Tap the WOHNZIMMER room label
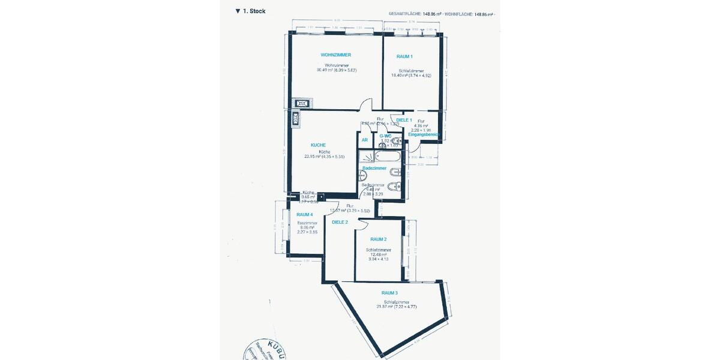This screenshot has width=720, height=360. (x=336, y=55)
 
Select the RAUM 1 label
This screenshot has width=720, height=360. (x=404, y=56)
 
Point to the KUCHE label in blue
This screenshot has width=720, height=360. (x=318, y=145)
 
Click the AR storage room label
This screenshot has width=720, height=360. (x=364, y=140)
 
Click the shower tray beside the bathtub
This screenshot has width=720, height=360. (x=365, y=157)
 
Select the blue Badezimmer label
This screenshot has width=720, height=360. (x=374, y=169)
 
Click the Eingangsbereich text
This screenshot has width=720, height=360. (x=424, y=134)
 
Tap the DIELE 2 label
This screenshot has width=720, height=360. (x=340, y=222)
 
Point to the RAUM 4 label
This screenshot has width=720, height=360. (x=305, y=215)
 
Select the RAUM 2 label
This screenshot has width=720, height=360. (x=378, y=239)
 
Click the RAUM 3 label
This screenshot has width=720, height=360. (x=389, y=293)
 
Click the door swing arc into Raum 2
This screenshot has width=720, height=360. (x=362, y=223)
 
